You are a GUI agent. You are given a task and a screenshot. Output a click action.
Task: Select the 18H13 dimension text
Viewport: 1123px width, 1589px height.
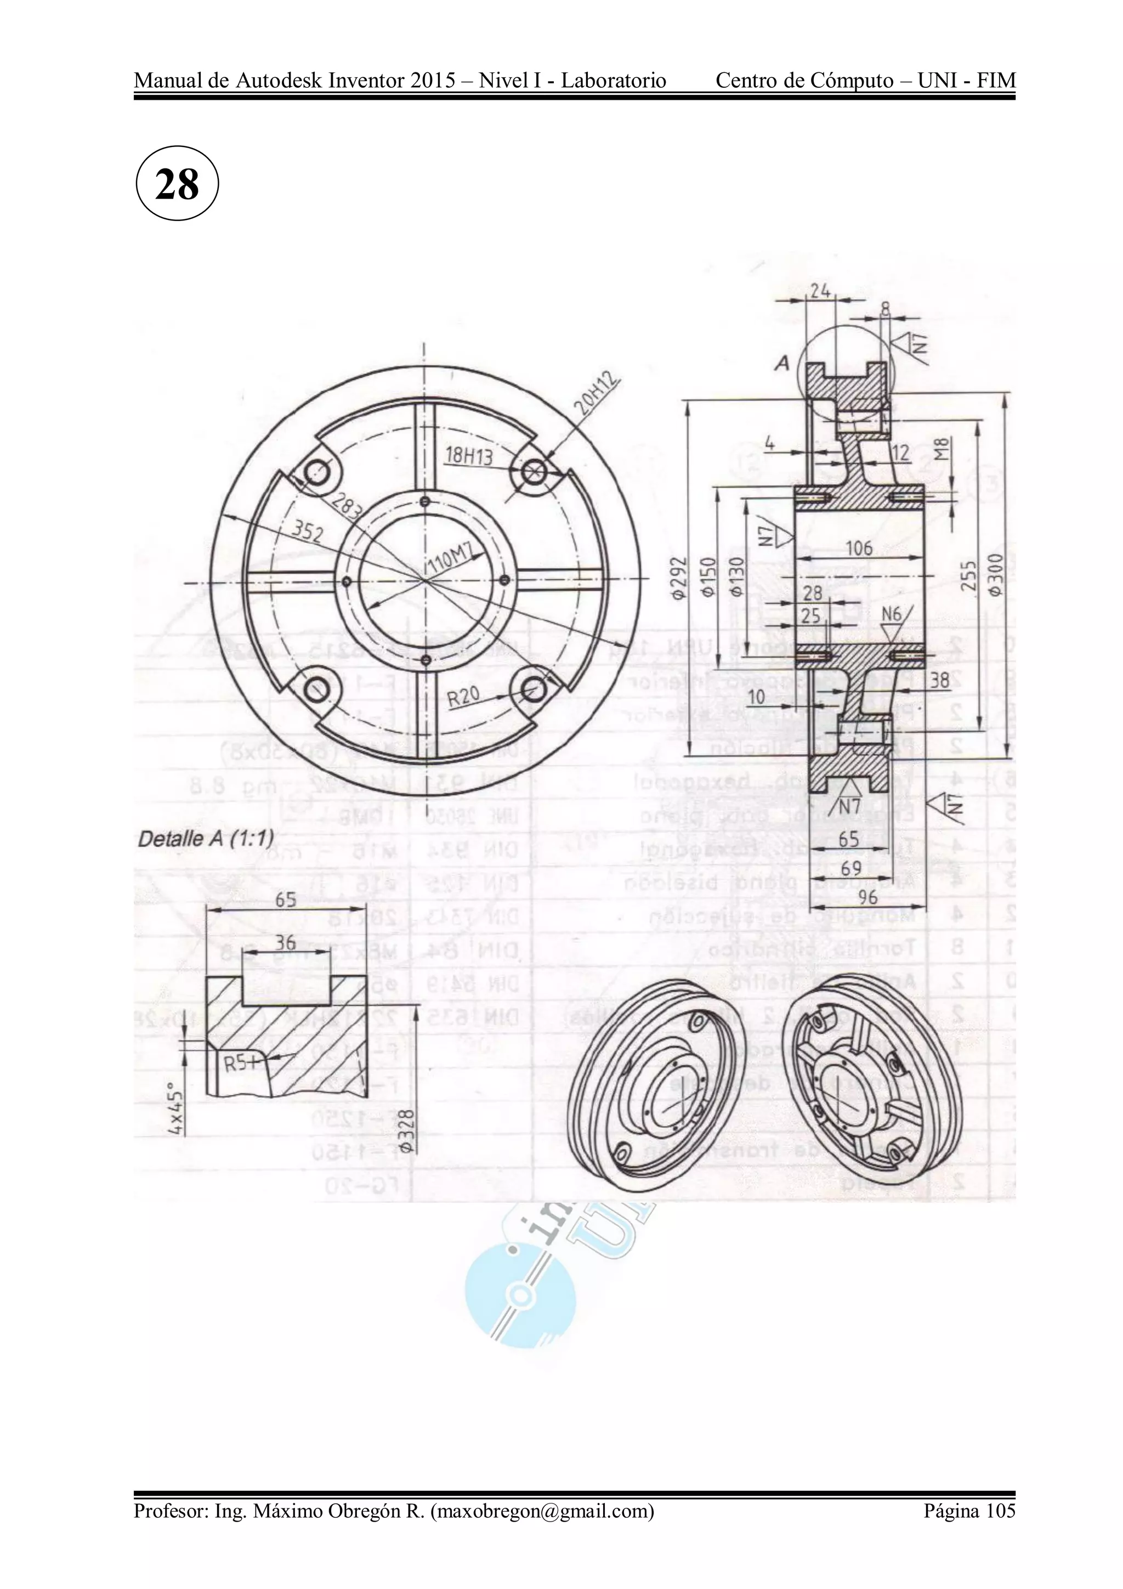(x=468, y=455)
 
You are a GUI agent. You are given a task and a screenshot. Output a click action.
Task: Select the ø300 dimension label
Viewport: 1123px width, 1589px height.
(x=995, y=574)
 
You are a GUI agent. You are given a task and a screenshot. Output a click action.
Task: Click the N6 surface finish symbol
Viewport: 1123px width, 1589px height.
(x=892, y=614)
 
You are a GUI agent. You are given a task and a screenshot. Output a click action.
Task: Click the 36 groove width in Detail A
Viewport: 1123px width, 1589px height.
(x=285, y=942)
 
